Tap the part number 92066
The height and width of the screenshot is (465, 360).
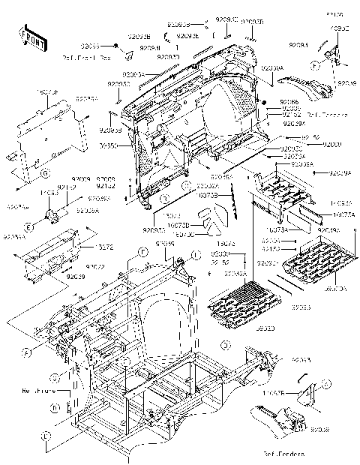(289, 101)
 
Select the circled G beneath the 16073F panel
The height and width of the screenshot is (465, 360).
(45, 173)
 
